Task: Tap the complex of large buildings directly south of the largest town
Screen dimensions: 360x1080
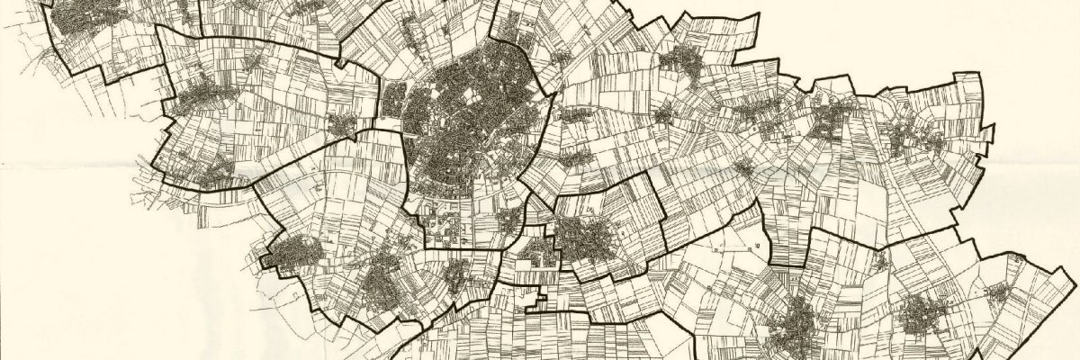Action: [x=445, y=220]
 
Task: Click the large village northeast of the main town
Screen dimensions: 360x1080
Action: [x=688, y=63]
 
